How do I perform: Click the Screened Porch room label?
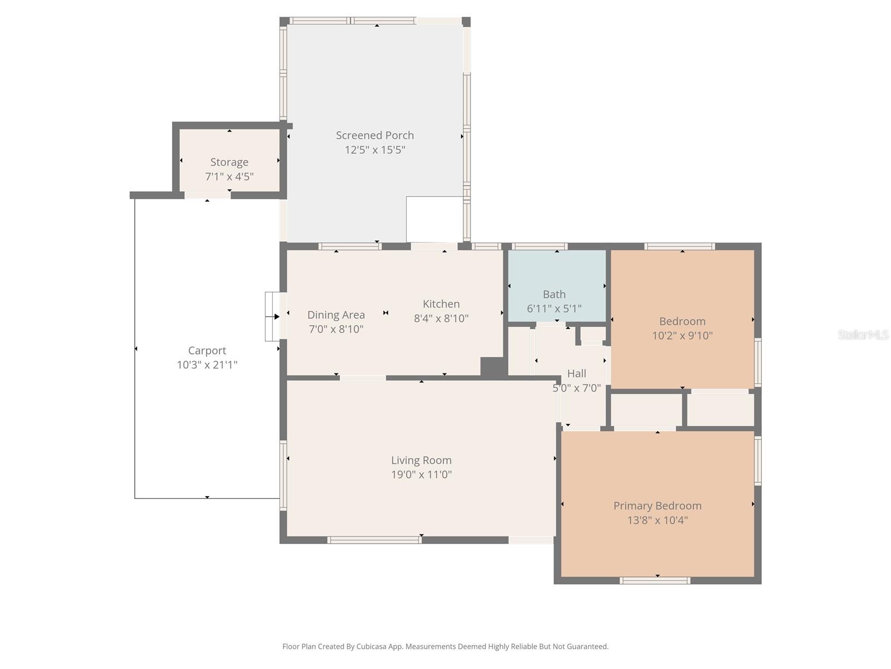click(x=375, y=135)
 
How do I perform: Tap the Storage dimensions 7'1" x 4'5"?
click(x=229, y=177)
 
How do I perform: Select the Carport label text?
click(x=207, y=351)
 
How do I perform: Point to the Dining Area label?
click(x=336, y=315)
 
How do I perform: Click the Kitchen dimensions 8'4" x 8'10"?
click(x=441, y=318)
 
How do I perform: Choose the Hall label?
click(x=576, y=374)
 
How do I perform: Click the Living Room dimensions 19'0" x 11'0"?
click(x=421, y=475)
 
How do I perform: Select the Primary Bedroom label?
click(x=657, y=506)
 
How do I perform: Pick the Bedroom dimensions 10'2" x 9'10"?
click(x=682, y=336)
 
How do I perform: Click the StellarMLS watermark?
click(x=863, y=335)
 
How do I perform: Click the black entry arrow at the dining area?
click(x=276, y=317)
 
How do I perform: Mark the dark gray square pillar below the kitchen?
click(x=493, y=367)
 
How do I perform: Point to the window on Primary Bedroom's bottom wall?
click(x=655, y=580)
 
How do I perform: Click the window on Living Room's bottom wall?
click(x=374, y=540)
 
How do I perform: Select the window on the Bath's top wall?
click(x=539, y=246)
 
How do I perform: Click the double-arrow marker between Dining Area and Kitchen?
click(x=385, y=313)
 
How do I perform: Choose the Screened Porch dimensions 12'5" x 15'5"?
click(x=375, y=150)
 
